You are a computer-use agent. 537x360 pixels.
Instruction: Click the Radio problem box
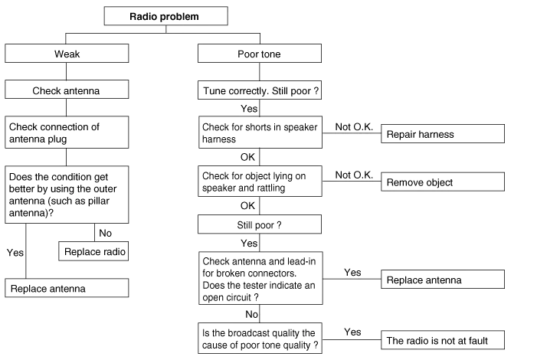point(165,17)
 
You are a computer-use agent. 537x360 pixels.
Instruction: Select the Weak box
point(66,54)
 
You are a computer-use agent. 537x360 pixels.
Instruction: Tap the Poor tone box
point(260,54)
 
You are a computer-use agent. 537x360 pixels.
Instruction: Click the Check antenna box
point(66,92)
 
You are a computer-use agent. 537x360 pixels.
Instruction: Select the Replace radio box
point(93,251)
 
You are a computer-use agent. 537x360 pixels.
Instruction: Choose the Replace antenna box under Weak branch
point(67,289)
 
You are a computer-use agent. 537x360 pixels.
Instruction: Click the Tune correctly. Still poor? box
point(260,92)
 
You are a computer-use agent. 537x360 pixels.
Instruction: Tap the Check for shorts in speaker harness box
point(260,133)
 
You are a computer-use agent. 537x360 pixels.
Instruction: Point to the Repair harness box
point(444,135)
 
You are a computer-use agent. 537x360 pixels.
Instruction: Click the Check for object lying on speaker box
point(260,182)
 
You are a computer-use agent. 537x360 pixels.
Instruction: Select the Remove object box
point(444,183)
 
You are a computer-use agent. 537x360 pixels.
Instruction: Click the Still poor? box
point(260,226)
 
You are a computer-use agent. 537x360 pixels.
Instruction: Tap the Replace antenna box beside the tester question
point(444,281)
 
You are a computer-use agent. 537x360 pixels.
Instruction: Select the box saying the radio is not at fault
point(444,340)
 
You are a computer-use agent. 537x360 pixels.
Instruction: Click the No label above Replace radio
point(106,233)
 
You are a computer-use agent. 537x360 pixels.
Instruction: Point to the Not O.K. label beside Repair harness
point(353,126)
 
